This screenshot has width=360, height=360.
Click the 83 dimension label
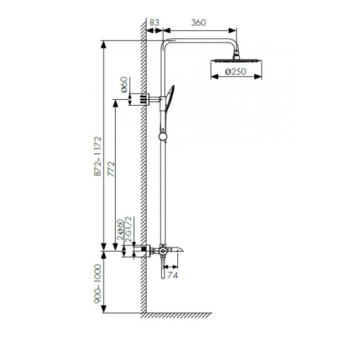[x=155, y=23]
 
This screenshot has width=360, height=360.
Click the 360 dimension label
[x=199, y=23]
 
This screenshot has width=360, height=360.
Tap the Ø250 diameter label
[x=235, y=71]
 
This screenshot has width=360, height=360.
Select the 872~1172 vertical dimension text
[x=97, y=156]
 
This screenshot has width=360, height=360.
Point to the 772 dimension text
[x=111, y=169]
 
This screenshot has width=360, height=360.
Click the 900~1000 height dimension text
[x=97, y=284]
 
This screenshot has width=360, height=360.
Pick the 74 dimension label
[x=172, y=275]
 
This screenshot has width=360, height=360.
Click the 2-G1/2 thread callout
[x=129, y=229]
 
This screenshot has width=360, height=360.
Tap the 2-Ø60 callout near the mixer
[x=120, y=230]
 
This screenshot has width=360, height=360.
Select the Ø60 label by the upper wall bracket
[x=124, y=85]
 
